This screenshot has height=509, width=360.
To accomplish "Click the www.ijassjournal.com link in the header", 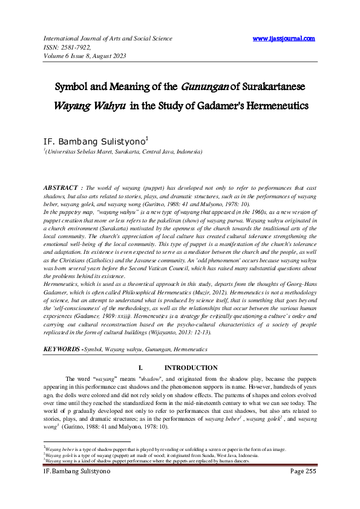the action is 284,39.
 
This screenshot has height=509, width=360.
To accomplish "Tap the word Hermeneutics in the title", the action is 271,106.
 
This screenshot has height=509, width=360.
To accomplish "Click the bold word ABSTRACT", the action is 62,188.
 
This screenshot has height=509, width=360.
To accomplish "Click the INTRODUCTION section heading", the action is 191,368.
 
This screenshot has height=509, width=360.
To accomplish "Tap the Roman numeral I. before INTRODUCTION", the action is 140,368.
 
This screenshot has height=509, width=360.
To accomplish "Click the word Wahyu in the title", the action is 109,106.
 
